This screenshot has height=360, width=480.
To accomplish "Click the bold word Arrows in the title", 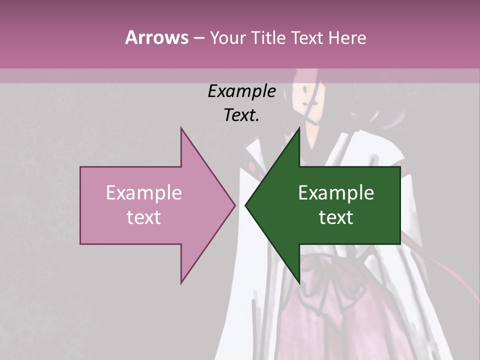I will click(156, 37).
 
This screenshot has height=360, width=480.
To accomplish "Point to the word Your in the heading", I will click(227, 37).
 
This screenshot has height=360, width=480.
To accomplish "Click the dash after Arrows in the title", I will click(198, 38).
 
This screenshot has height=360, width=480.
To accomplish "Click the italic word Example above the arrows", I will click(241, 91).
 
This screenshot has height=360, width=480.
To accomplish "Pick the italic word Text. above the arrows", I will click(241, 115).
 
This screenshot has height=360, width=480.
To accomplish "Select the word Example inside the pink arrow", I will click(144, 192).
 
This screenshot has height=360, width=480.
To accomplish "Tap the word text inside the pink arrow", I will click(144, 217).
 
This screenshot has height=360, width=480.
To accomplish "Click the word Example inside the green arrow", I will click(336, 192).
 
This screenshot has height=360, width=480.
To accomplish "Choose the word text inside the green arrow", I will click(336, 217).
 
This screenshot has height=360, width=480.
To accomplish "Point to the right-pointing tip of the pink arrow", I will click(235, 205).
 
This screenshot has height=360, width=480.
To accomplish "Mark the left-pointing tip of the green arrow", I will click(245, 205).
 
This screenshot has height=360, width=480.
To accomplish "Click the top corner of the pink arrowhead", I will click(181, 128).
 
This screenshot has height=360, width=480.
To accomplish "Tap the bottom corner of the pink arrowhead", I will click(181, 283).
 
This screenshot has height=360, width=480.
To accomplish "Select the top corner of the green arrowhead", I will click(299, 128).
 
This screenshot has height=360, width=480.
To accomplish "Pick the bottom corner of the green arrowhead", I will click(299, 283).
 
